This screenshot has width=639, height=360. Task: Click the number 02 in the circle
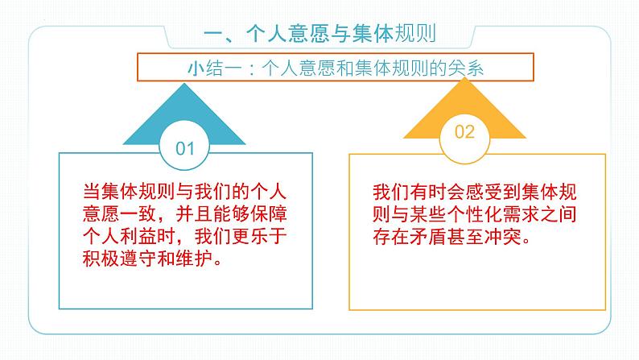[466, 132]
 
